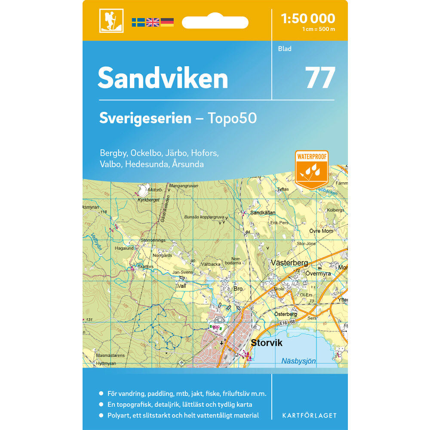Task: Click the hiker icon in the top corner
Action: coord(111,21)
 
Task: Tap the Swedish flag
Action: coord(138,22)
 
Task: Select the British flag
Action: coord(153,22)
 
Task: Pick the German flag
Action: coord(167,22)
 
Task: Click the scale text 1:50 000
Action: coord(307,18)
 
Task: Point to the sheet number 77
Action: coord(320,77)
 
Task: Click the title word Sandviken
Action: coord(163,78)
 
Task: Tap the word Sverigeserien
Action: coord(145,118)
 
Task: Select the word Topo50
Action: coord(232,118)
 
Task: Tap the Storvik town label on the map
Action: coord(267,343)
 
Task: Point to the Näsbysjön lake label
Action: coord(298,361)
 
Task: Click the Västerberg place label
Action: coord(289,263)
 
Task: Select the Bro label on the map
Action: coord(238,289)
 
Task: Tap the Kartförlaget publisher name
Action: coord(309,415)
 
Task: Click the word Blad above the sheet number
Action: coord(285,49)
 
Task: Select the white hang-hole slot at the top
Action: coord(215,22)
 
